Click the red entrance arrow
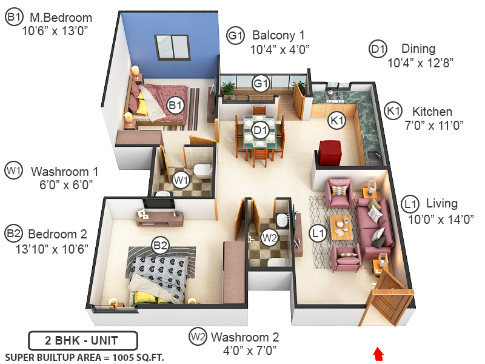(x=378, y=353)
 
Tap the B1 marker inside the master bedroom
(x=175, y=106)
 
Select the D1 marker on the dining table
(x=261, y=129)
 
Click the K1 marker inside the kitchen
(x=336, y=121)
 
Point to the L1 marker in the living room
(x=317, y=231)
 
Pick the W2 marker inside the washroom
(x=269, y=237)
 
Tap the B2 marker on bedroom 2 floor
(x=160, y=246)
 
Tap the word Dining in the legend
(x=418, y=49)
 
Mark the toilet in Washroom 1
(x=202, y=170)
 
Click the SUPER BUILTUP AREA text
(x=84, y=356)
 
